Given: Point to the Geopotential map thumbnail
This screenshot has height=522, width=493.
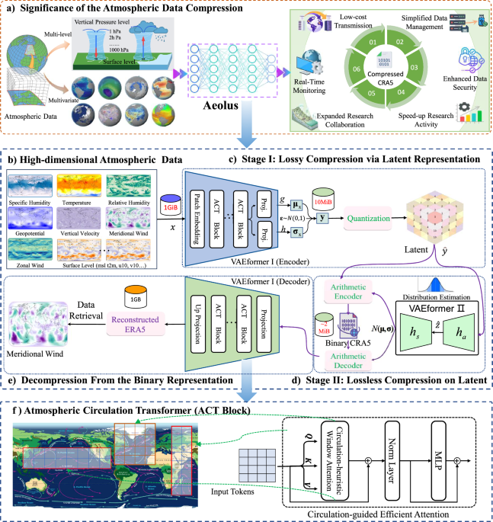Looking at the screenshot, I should [x=29, y=219].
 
